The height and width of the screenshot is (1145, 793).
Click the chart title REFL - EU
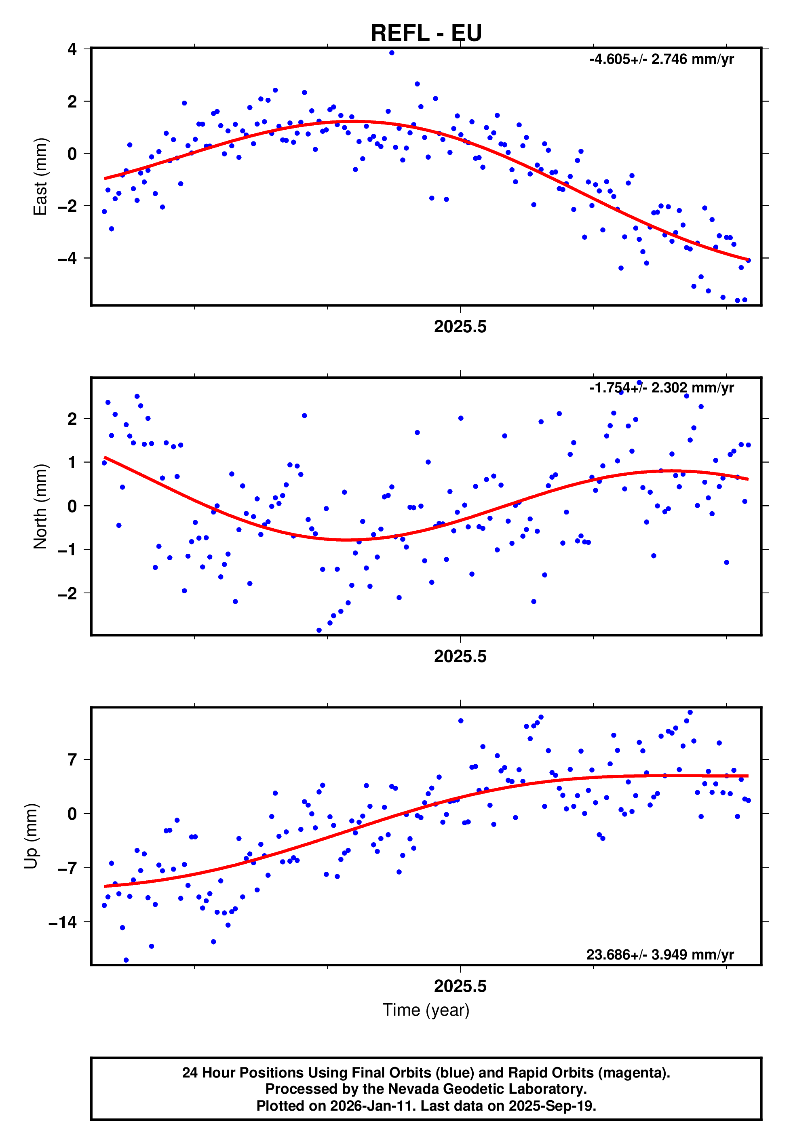tap(426, 33)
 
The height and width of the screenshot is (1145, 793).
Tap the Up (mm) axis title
tap(31, 836)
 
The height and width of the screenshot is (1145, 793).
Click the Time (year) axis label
tap(426, 1010)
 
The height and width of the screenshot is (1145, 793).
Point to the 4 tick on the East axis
tap(72, 49)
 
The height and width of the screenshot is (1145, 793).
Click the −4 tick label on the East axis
tap(67, 258)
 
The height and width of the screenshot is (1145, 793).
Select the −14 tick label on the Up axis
tap(63, 922)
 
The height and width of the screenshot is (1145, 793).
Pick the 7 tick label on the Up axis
tap(72, 760)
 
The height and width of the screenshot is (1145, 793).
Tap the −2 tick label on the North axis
tap(67, 594)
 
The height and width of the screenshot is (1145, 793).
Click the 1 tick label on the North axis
tap(72, 462)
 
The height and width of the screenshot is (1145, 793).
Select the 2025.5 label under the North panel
tap(460, 657)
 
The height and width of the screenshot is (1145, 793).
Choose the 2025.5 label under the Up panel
tap(460, 987)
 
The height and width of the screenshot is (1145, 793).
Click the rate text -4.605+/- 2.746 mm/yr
tap(661, 59)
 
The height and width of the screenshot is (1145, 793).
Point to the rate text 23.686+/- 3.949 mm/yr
tap(660, 955)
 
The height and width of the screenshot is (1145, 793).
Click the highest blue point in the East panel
tap(392, 53)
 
